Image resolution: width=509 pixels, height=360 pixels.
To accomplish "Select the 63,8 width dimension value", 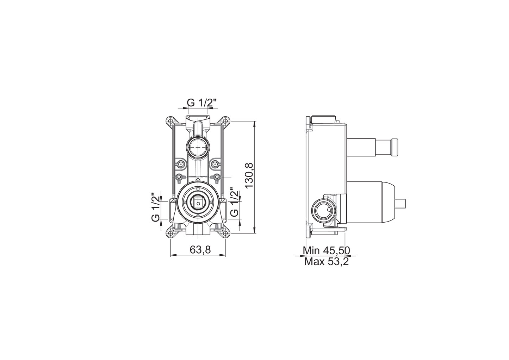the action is tap(200, 249).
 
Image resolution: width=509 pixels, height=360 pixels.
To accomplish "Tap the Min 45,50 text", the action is tap(327, 250).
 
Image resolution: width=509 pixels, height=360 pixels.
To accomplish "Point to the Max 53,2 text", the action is tap(327, 262).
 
